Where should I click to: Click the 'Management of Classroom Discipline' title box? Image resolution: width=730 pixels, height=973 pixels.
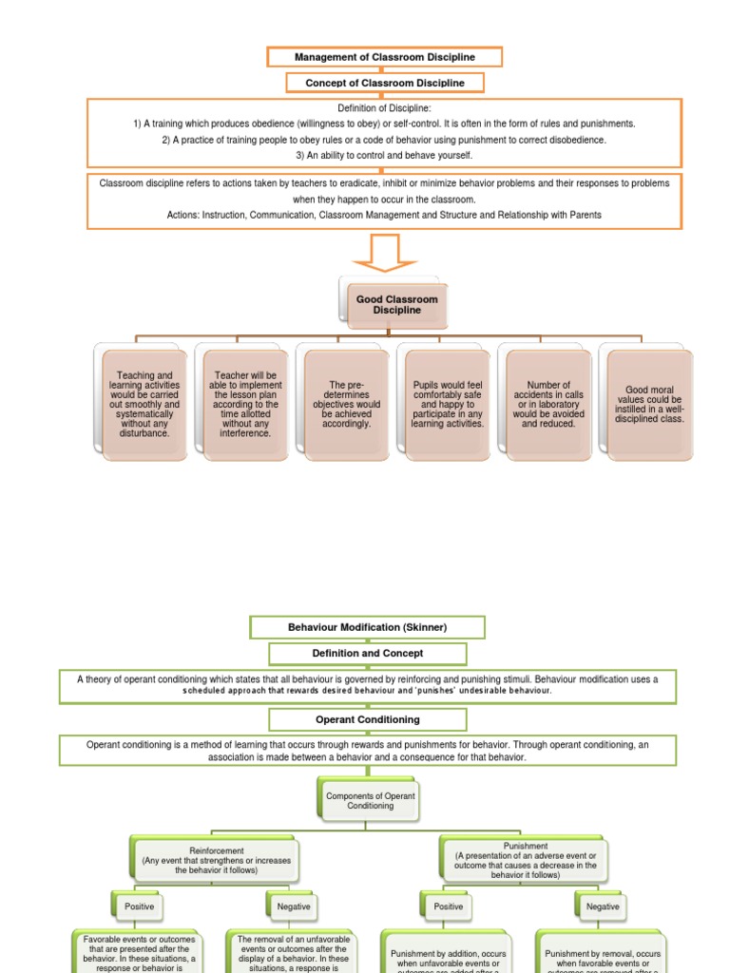(384, 57)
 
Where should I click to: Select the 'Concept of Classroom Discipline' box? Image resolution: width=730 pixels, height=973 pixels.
(385, 83)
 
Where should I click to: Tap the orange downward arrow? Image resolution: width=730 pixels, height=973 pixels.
(385, 253)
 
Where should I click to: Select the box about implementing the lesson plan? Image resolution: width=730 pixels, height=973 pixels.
(245, 405)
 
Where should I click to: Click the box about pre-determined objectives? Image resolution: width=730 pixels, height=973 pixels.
(347, 405)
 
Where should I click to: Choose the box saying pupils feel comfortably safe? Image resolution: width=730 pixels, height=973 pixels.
(448, 405)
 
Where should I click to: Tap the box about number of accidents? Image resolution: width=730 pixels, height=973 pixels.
(548, 405)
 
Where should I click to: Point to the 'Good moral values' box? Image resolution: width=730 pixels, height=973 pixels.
(649, 405)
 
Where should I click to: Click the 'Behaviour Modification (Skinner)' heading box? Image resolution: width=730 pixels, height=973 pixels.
(367, 627)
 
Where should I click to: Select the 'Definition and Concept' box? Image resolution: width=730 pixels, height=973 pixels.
(367, 653)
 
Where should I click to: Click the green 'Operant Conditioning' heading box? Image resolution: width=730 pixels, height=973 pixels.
(367, 719)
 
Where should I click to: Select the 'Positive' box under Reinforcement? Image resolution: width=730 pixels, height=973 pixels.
(139, 906)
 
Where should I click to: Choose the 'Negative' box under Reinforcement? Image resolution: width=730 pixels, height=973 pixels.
(294, 906)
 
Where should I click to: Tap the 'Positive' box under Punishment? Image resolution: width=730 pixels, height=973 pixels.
(449, 906)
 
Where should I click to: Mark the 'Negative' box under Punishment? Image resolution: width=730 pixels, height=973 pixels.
(603, 906)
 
